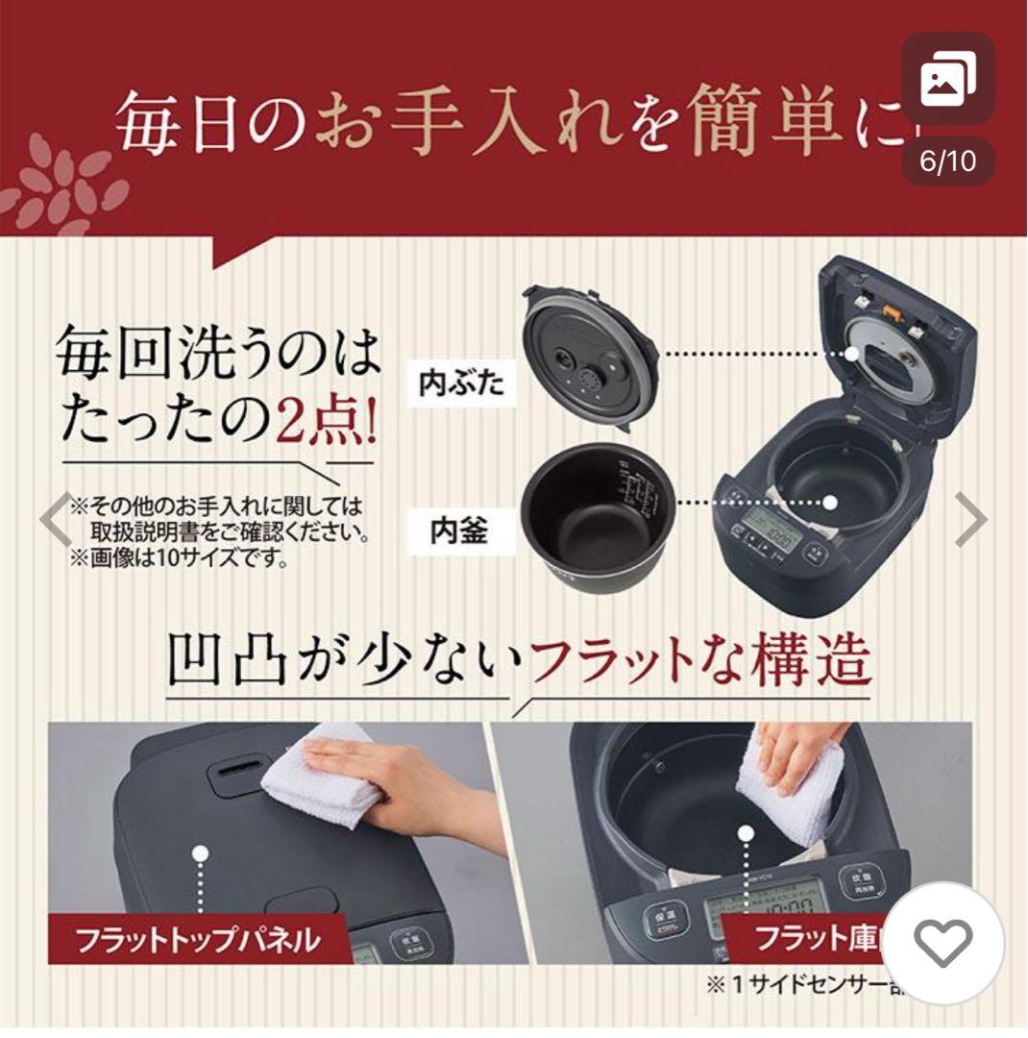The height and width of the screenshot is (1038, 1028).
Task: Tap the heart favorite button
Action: click(x=942, y=943)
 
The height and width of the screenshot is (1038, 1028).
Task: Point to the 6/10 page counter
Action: click(x=947, y=161)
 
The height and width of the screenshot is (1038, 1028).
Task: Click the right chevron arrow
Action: click(x=972, y=520)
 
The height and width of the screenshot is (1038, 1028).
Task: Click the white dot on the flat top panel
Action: click(x=200, y=853)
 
